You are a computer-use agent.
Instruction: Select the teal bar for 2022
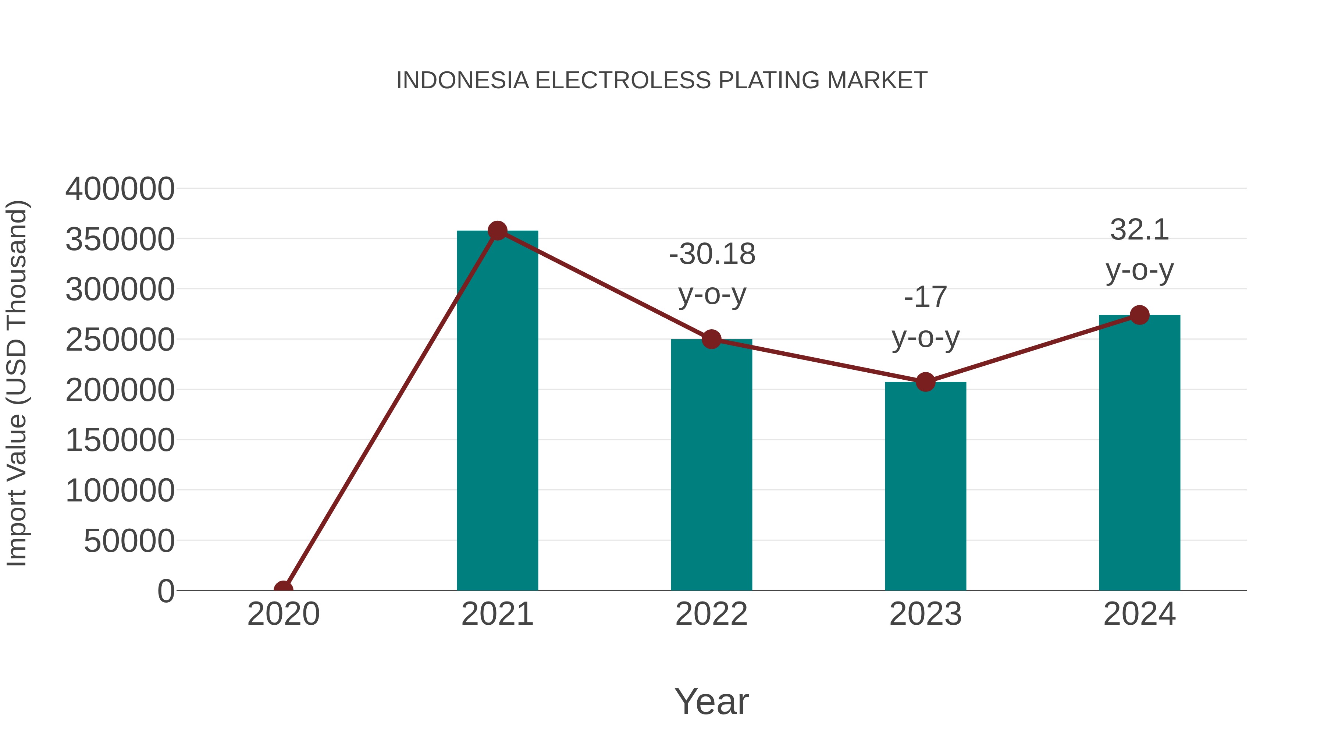(x=711, y=465)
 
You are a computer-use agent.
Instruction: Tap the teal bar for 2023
(x=925, y=486)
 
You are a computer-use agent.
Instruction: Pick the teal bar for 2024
(x=1139, y=453)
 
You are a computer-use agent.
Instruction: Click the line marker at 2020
(x=283, y=589)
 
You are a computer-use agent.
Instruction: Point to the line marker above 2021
(x=497, y=231)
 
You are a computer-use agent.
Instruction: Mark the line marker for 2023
(x=925, y=382)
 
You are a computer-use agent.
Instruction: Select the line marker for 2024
(x=1139, y=315)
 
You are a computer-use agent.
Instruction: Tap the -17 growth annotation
(x=925, y=297)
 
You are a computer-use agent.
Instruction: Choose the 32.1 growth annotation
(x=1139, y=230)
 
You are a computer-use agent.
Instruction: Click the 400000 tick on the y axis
(x=120, y=189)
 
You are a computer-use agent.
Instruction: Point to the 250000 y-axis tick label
(x=120, y=340)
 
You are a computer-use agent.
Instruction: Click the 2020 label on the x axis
(x=283, y=614)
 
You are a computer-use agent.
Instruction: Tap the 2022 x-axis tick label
(x=711, y=614)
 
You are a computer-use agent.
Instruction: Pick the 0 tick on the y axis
(x=166, y=591)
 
